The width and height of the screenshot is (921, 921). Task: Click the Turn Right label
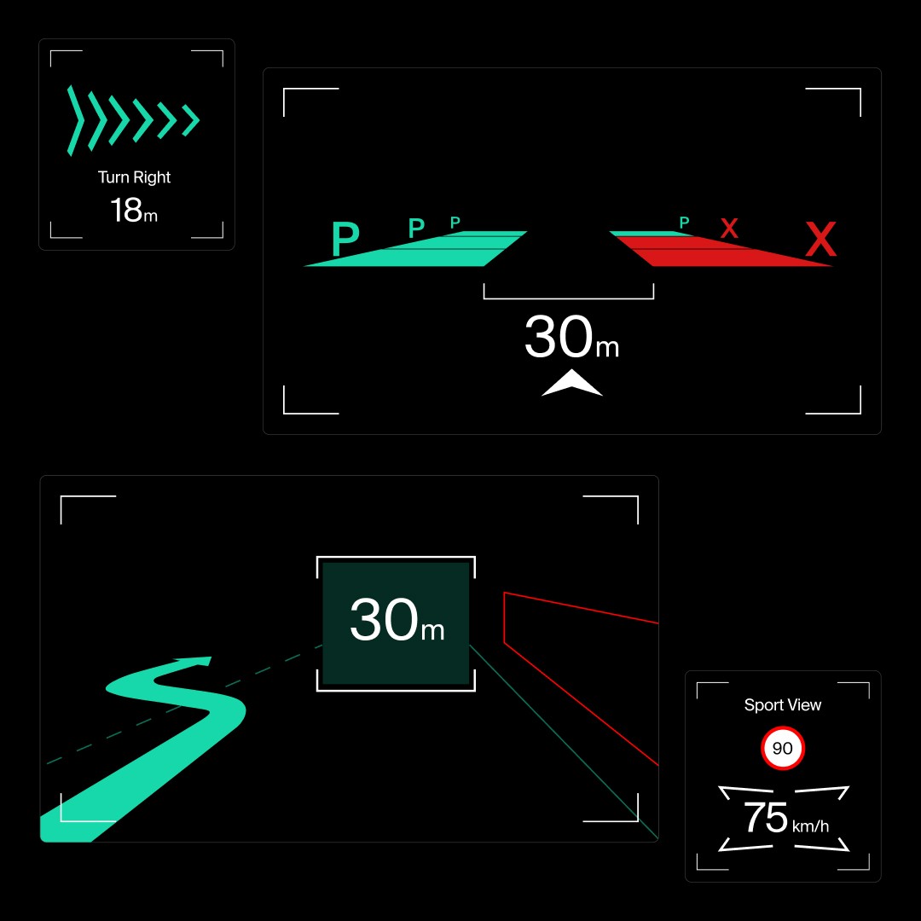[134, 177]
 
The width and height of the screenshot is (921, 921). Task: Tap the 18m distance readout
[133, 210]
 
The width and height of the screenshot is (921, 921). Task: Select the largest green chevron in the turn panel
[76, 121]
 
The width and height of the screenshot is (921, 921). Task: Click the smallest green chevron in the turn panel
[191, 121]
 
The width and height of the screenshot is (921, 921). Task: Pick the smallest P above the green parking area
[455, 223]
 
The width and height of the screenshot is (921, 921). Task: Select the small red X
[729, 229]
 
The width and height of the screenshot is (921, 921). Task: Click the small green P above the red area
[684, 223]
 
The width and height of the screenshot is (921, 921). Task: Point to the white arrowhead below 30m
[571, 385]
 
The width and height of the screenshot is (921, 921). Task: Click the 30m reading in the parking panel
[570, 338]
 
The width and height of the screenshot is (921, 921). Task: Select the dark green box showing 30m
[396, 623]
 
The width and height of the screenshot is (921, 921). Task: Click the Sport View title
[782, 705]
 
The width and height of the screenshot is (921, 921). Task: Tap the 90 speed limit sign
[782, 749]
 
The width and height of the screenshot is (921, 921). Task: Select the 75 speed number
[765, 818]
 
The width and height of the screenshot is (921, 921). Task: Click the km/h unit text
[810, 825]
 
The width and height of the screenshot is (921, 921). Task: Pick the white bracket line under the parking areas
[568, 298]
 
